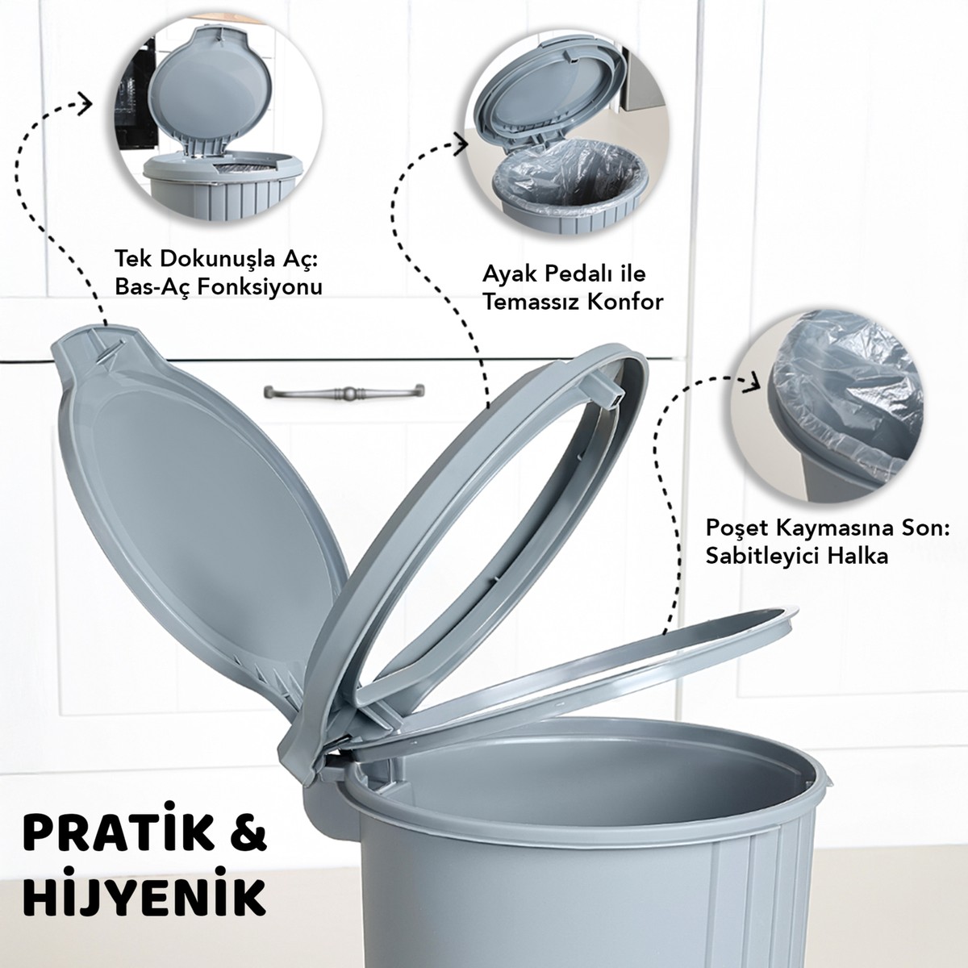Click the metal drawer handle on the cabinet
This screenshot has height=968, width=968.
[344, 390]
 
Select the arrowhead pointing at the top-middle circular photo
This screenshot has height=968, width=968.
[461, 142]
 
